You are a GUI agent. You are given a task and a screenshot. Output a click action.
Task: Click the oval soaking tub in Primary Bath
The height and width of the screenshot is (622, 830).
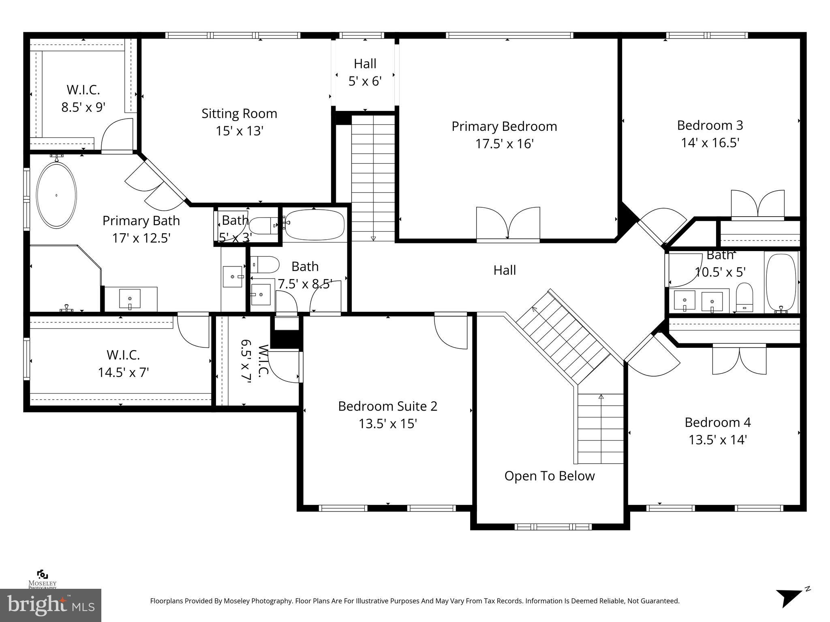pos(56,195)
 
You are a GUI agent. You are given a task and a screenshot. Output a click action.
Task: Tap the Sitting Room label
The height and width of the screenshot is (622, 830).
pos(239,113)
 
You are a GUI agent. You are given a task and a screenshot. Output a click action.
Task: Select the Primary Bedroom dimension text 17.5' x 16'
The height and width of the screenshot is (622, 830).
pos(504,144)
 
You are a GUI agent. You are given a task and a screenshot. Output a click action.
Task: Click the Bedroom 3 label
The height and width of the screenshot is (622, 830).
pos(710,125)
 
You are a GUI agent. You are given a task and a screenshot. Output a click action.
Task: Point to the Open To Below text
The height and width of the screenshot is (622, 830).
pos(549,476)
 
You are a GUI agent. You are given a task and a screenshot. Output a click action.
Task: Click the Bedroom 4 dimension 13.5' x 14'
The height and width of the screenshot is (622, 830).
pos(717,440)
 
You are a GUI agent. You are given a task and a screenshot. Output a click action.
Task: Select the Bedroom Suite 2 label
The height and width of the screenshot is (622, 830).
pos(387,406)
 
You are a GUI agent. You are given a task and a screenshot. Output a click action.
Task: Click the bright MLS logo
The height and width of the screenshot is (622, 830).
pos(50,605)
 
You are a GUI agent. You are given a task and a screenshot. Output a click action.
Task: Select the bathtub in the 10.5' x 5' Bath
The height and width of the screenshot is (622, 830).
pos(781,282)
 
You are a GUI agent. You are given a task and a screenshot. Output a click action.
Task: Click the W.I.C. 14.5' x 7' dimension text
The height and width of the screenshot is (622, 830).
pos(123,372)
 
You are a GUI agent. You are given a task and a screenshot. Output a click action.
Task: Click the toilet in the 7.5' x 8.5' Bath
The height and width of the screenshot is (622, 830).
pos(265,264)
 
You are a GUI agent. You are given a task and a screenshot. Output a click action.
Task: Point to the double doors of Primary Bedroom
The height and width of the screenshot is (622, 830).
pos(508,224)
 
